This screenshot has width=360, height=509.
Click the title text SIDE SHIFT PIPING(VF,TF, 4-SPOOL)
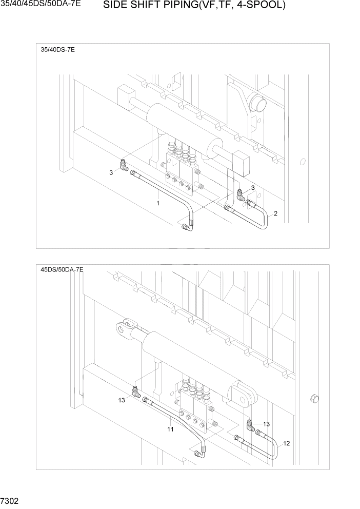click(194, 6)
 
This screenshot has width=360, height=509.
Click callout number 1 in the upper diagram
click(158, 203)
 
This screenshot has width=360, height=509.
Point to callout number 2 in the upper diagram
click(275, 213)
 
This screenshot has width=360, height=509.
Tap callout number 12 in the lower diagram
click(286, 443)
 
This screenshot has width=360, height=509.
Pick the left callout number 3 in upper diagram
click(111, 172)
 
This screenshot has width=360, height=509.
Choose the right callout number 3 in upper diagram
click(252, 187)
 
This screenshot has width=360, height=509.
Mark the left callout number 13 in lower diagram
click(122, 400)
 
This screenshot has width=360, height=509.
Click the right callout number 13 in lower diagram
click(266, 424)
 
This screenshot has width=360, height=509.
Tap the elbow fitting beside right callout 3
click(241, 193)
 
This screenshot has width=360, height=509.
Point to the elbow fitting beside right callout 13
click(250, 424)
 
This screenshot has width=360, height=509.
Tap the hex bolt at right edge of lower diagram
click(314, 399)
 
